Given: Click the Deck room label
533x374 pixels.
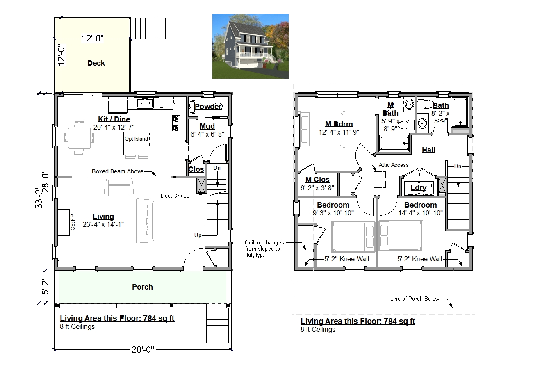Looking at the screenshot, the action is pos(96,63).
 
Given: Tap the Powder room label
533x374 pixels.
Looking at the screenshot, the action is pos(208,106).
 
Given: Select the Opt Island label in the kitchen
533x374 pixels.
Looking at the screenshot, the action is pos(137,139).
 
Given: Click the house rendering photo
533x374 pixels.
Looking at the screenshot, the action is pos(251,46).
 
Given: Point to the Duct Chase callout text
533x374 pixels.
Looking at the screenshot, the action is pos(175,196).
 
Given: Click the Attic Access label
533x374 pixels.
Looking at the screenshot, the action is pos(394,165).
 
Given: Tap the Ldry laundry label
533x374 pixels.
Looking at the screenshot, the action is pos(418,188).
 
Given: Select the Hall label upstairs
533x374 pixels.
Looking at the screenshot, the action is pos(428,150).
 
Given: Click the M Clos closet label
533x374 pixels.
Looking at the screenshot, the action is pos(317,180).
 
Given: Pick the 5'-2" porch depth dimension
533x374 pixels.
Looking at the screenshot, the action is pos(45,286).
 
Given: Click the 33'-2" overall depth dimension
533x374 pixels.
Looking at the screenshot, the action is pos(39,197).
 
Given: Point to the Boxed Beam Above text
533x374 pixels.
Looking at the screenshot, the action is pos(118,171).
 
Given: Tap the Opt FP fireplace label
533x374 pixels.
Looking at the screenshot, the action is pos(73,222).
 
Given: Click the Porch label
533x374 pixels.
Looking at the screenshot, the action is pos(142,287).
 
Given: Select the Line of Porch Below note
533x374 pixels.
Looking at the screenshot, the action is pos(415,299).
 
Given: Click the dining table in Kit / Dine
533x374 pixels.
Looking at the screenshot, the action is pos(79,138).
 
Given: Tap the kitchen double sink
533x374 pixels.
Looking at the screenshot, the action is pos(145,103).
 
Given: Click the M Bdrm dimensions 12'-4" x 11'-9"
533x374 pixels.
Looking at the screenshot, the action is pos(339,132).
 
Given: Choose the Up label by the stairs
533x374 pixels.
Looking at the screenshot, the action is pos(198,235).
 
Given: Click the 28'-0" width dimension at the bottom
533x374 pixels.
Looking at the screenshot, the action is pos(143,349).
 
